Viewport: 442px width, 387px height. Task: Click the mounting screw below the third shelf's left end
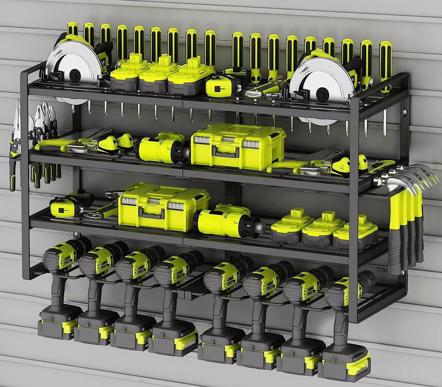pos(76,235)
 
